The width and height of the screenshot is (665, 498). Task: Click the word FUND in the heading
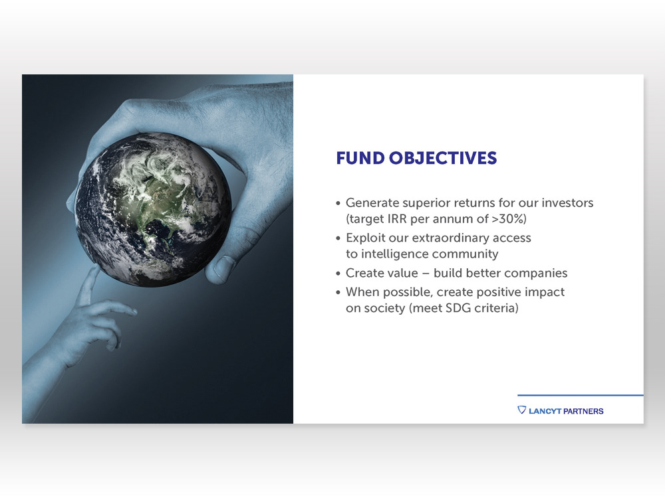click(x=360, y=158)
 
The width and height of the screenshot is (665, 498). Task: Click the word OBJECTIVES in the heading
click(x=443, y=158)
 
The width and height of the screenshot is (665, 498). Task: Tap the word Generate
click(x=373, y=203)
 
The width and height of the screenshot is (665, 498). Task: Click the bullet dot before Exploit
click(x=338, y=238)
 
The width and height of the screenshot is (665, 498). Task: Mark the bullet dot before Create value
click(x=338, y=274)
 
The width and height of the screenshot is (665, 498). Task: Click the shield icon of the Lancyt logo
click(x=521, y=410)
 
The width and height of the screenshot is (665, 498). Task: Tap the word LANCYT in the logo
click(x=545, y=411)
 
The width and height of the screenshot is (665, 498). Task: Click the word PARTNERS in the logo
click(x=583, y=411)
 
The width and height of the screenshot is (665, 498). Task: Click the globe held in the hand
click(x=153, y=210)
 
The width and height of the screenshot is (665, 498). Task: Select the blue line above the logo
click(x=580, y=396)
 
